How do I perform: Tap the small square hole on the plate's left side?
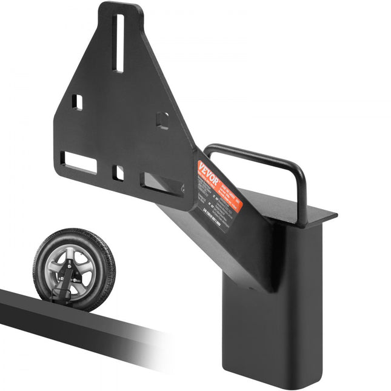pyautogui.click(x=77, y=102)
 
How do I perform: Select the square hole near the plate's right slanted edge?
pyautogui.click(x=162, y=120)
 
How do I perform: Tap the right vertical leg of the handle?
pyautogui.click(x=301, y=194)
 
